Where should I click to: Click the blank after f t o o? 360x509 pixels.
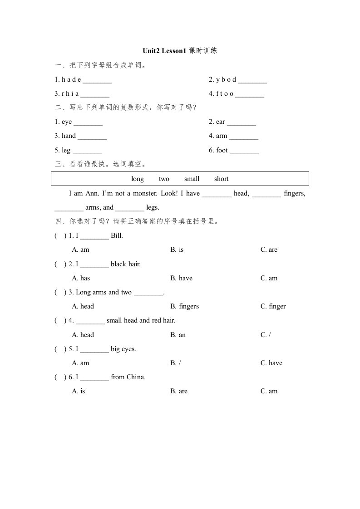point(250,94)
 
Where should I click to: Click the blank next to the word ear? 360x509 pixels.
point(242,122)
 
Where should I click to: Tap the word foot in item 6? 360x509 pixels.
point(222,150)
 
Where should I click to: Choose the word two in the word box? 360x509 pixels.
point(164,179)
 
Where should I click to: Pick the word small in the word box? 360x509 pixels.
point(192,179)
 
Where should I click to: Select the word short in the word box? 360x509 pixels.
point(222,179)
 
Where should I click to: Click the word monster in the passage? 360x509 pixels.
point(145,193)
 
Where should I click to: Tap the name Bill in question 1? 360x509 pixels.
point(117,235)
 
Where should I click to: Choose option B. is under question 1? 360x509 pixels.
point(177,250)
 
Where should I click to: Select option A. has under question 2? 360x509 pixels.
point(81,278)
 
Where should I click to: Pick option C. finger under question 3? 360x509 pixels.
point(273,306)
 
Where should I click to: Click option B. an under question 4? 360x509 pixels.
point(178,335)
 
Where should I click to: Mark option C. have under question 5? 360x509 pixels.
point(271,363)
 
